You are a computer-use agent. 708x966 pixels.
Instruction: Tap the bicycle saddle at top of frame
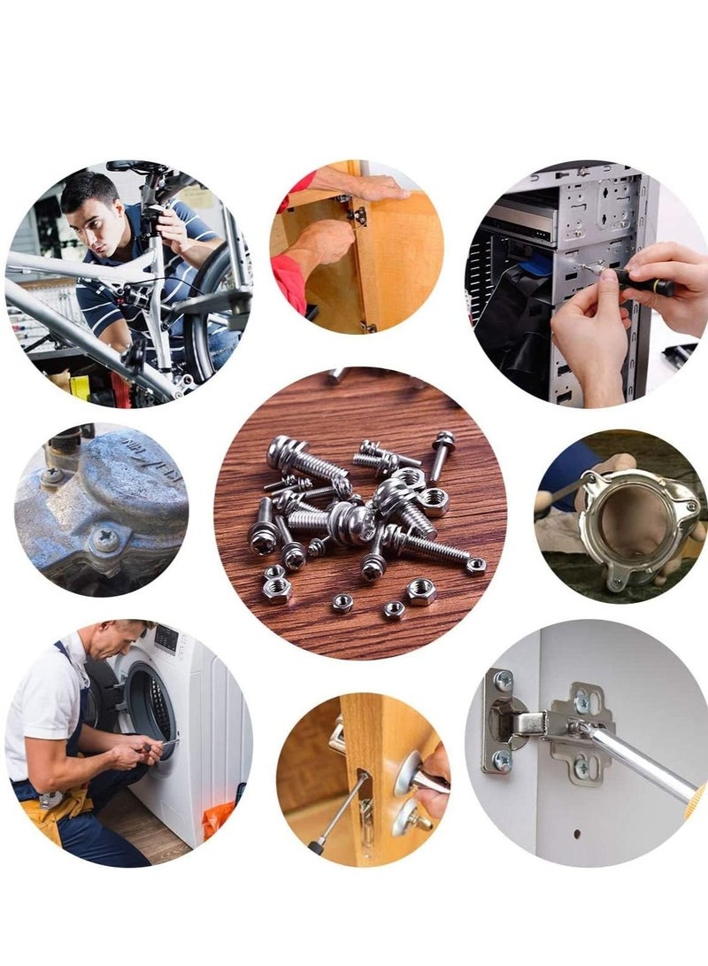pyautogui.click(x=133, y=166)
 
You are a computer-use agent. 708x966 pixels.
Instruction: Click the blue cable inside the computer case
pyautogui.click(x=535, y=264)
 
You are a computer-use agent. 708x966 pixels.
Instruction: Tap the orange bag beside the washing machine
pyautogui.click(x=218, y=819)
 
